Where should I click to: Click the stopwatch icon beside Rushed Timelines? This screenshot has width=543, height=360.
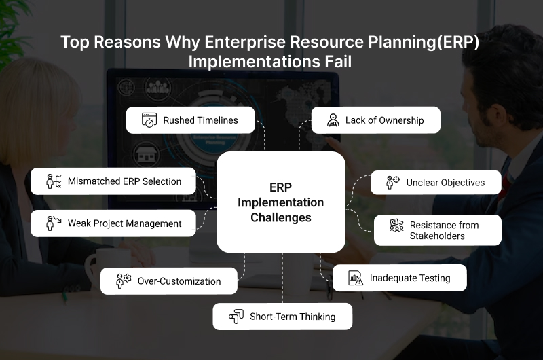click(149, 120)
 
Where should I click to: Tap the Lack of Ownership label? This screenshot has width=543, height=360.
click(384, 120)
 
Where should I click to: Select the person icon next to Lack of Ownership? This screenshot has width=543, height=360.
click(333, 120)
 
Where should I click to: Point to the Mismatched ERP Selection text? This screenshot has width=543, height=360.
click(124, 181)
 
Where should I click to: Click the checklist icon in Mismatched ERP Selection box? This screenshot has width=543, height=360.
click(54, 181)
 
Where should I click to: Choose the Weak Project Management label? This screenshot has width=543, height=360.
click(124, 223)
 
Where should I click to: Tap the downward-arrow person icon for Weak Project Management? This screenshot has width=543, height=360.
click(54, 223)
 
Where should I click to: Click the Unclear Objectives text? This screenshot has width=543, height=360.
click(445, 183)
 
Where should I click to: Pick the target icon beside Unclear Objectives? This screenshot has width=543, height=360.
click(393, 182)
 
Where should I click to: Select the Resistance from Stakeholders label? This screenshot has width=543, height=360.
click(444, 230)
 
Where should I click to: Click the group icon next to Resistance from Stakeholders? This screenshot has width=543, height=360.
click(396, 226)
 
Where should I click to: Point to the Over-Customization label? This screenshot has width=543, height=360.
click(179, 281)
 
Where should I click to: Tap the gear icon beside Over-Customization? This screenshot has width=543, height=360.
click(124, 281)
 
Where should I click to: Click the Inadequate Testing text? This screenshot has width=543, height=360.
click(410, 278)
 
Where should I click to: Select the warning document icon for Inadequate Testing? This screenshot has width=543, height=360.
click(355, 278)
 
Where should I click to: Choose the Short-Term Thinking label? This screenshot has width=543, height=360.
click(293, 317)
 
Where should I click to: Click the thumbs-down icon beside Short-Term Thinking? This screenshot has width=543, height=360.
click(236, 317)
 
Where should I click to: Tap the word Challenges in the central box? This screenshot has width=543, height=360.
click(281, 217)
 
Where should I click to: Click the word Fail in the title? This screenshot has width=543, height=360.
click(338, 62)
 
